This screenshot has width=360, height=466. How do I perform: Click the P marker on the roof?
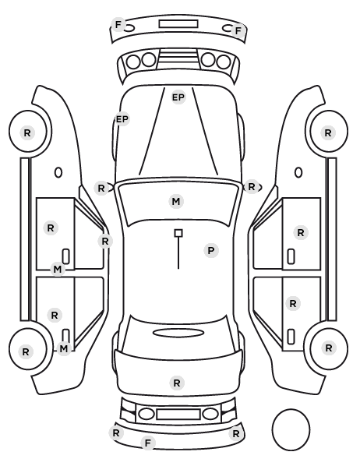click(210, 251)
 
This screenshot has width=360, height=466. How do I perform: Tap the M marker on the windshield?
click(175, 202)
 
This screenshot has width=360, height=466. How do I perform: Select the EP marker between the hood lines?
click(178, 97)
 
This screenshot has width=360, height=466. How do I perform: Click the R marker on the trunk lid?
click(177, 383)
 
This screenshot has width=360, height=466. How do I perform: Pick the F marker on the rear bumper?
click(148, 443)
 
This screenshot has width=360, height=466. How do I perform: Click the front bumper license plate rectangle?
click(178, 24)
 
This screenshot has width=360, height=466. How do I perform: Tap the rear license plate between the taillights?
click(178, 414)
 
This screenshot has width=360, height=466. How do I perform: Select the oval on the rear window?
click(178, 333)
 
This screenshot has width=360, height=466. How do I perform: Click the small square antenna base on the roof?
click(178, 233)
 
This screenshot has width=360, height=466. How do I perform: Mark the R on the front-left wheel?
click(27, 132)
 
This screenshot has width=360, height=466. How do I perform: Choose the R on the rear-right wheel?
click(329, 348)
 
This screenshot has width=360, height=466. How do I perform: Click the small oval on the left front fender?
click(58, 172)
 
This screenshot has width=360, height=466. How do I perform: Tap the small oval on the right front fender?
click(298, 172)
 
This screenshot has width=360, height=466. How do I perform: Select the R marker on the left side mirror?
click(101, 188)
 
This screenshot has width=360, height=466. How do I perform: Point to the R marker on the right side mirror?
click(252, 187)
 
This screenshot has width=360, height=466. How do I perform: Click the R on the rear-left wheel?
click(26, 352)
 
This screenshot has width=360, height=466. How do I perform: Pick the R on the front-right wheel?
click(328, 132)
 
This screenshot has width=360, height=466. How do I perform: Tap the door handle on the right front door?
click(291, 256)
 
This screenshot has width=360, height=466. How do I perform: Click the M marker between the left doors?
click(58, 270)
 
